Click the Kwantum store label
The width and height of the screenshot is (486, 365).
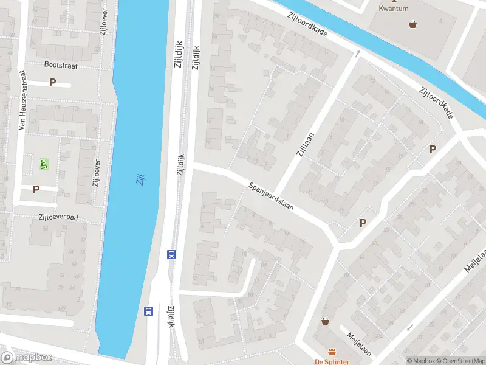click(394, 9)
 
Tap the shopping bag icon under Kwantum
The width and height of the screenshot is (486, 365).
click(413, 24)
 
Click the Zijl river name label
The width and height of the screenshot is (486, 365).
click(140, 179)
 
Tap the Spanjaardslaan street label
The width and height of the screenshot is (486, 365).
click(271, 196)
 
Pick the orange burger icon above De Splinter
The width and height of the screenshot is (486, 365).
click(332, 352)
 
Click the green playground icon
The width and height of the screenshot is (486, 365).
click(43, 163)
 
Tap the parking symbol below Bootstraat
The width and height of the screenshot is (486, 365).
click(52, 83)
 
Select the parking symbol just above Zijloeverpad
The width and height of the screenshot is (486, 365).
click(36, 189)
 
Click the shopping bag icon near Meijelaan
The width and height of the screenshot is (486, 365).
click(325, 321)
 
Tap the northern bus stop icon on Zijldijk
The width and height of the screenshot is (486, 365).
click(172, 254)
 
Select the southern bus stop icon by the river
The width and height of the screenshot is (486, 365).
click(148, 311)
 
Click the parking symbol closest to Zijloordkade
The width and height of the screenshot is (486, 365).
click(433, 149)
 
